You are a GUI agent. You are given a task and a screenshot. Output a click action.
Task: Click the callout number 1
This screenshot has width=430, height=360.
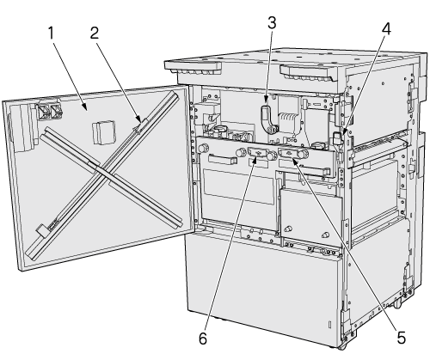pos(51,33)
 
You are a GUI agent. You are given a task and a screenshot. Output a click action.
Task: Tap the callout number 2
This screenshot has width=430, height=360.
pos(95,33)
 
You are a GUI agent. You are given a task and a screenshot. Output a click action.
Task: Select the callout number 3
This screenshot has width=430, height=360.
pos(272,23)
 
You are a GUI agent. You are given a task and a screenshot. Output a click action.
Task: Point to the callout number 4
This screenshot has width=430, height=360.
pos(386,29)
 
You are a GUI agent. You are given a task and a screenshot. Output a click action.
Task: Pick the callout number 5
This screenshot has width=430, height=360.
pos(402,338)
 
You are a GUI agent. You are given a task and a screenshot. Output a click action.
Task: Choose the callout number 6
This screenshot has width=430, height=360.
pos(203,339)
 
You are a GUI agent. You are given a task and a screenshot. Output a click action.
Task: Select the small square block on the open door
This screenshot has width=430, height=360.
pos(104,131)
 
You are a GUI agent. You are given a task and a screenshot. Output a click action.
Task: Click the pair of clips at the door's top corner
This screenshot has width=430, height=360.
pos(49,111)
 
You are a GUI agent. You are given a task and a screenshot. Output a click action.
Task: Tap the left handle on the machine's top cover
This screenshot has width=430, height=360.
pos(193,67)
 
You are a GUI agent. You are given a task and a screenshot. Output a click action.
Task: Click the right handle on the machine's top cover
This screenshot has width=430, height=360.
pos(307,73)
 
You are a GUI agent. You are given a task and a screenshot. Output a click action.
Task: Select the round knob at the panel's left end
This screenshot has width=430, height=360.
pos(203,148)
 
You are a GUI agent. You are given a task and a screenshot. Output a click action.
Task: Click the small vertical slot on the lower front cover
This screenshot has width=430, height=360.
pos(329,325)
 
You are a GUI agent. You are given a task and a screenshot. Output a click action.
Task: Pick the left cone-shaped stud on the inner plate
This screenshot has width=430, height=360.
pos(288,229)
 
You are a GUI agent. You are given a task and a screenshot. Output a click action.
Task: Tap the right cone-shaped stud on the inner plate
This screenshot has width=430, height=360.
pos(325,235)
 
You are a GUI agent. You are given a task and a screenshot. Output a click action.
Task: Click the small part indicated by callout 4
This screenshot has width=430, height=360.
pos(337,137)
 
